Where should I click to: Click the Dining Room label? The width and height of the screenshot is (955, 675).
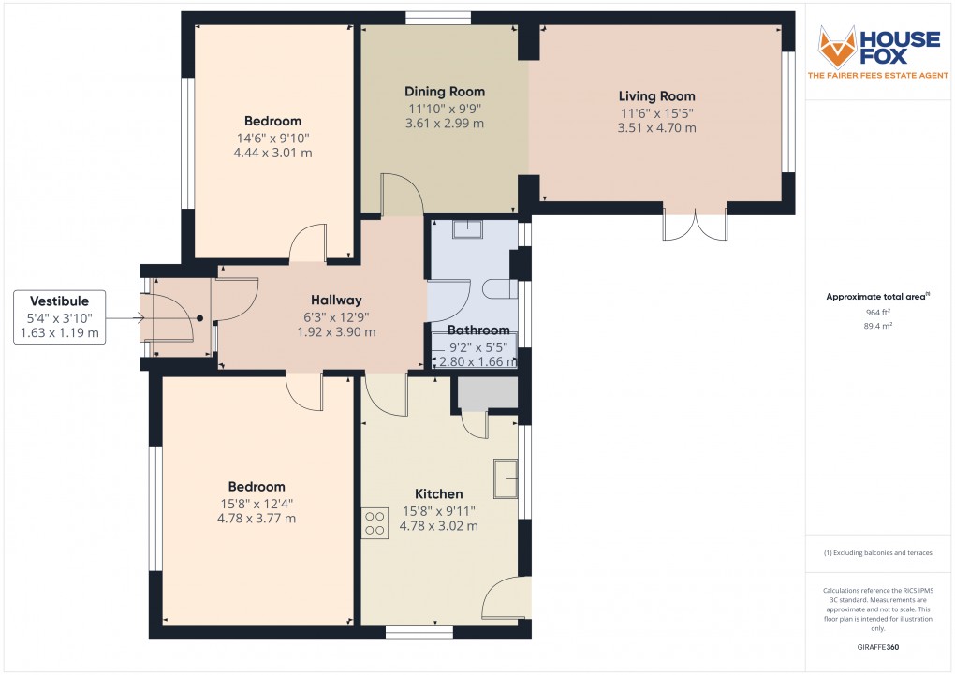pyautogui.click(x=445, y=92)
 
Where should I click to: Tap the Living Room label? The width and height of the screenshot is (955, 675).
pyautogui.click(x=656, y=95)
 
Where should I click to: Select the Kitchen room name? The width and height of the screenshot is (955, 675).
pyautogui.click(x=438, y=494)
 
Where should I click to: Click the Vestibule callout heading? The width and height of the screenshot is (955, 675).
pyautogui.click(x=59, y=301)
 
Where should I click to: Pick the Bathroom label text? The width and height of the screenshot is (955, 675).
pyautogui.click(x=478, y=330)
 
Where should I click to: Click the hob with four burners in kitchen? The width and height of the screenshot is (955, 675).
pyautogui.click(x=375, y=522)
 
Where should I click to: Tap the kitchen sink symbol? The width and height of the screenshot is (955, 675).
pyautogui.click(x=507, y=477)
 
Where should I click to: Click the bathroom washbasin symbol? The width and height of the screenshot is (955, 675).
pyautogui.click(x=467, y=229)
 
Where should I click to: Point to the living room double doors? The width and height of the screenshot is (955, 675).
pyautogui.click(x=695, y=226)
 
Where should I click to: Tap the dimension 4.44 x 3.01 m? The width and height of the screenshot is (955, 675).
pyautogui.click(x=272, y=154)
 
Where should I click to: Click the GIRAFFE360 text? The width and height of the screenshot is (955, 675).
pyautogui.click(x=879, y=647)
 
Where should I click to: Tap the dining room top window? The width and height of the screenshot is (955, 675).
pyautogui.click(x=438, y=18)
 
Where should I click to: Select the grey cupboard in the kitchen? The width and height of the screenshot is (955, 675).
pyautogui.click(x=487, y=394)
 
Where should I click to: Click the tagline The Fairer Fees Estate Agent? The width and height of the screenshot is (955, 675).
pyautogui.click(x=879, y=75)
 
